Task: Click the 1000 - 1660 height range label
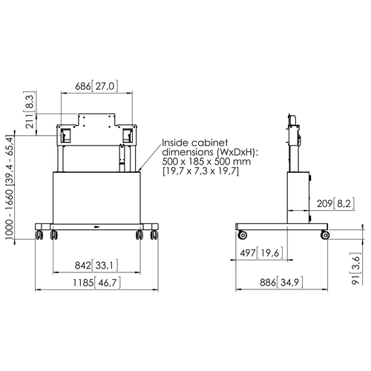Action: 10,187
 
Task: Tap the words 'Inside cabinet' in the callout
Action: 195,142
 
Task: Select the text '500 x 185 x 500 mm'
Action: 206,162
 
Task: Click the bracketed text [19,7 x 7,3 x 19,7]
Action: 201,171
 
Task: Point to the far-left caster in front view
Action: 39,234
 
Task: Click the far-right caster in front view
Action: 154,234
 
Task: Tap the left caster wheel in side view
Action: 242,234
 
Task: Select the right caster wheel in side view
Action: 325,234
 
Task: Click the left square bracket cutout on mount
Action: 65,135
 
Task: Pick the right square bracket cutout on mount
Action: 128,135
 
